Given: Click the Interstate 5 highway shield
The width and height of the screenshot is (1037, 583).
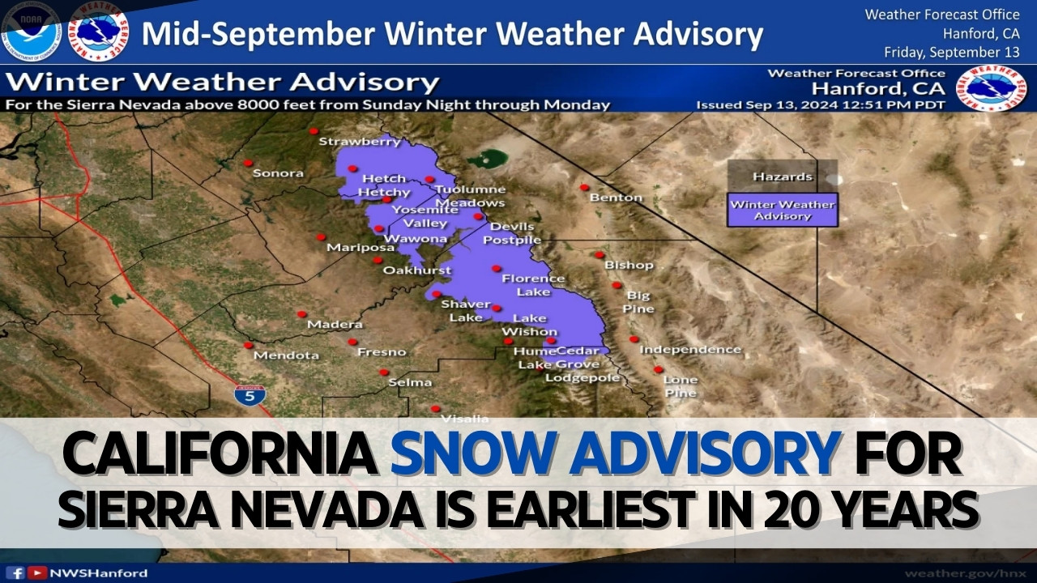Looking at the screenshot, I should [x=250, y=395].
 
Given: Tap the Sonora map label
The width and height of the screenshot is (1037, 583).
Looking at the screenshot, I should [x=278, y=173].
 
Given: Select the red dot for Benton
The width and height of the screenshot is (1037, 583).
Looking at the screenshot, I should [x=583, y=187].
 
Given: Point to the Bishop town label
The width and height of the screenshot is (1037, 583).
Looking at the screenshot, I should [x=629, y=265].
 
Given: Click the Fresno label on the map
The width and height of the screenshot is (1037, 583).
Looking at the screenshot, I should [x=382, y=352].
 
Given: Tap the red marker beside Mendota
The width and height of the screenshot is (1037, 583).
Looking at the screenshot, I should [x=249, y=345].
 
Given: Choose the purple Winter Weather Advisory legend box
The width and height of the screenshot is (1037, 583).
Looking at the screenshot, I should [x=782, y=210].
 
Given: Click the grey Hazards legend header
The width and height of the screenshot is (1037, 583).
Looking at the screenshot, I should [x=782, y=177].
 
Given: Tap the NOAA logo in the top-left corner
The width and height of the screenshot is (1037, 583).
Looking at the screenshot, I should [x=32, y=32].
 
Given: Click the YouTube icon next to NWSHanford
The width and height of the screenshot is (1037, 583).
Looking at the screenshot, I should [x=36, y=573].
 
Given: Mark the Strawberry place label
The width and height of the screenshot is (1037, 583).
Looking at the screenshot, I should [x=360, y=142].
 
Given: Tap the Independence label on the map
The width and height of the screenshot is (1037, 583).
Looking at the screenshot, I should [x=690, y=350].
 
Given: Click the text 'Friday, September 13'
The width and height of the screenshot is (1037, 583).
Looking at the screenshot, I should [x=951, y=52].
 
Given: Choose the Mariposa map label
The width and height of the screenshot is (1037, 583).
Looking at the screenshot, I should [x=355, y=248].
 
